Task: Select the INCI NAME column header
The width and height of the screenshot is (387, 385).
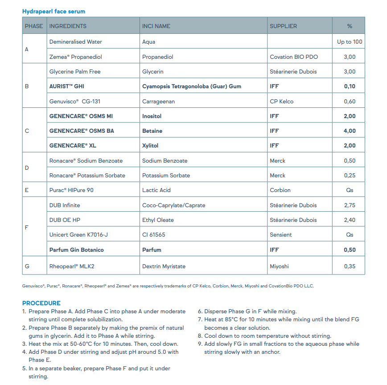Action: tap(156, 26)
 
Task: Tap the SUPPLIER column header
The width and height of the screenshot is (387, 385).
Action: tap(283, 26)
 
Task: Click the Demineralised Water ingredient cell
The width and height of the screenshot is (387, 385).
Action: tap(75, 42)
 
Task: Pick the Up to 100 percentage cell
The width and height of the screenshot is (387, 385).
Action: tap(350, 42)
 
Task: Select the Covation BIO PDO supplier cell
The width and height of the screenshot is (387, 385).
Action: tap(294, 57)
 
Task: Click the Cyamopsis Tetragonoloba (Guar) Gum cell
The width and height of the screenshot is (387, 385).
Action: tap(192, 86)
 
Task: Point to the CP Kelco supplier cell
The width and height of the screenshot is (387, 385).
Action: tap(282, 102)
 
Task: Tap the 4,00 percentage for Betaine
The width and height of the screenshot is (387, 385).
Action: tap(350, 131)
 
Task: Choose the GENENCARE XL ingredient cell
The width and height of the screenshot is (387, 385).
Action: tap(73, 146)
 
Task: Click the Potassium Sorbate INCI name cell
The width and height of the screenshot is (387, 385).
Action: tap(166, 176)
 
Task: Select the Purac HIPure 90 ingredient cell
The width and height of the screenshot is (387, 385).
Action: tap(71, 190)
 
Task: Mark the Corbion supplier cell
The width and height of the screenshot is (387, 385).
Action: tap(280, 190)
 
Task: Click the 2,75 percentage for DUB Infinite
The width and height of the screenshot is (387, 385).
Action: tap(350, 205)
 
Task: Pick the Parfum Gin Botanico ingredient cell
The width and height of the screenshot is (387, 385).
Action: tap(76, 250)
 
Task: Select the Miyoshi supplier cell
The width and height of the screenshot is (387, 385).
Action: tap(279, 266)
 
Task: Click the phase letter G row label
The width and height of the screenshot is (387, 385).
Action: tap(27, 266)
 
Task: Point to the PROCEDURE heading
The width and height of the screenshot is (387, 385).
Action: tap(41, 303)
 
